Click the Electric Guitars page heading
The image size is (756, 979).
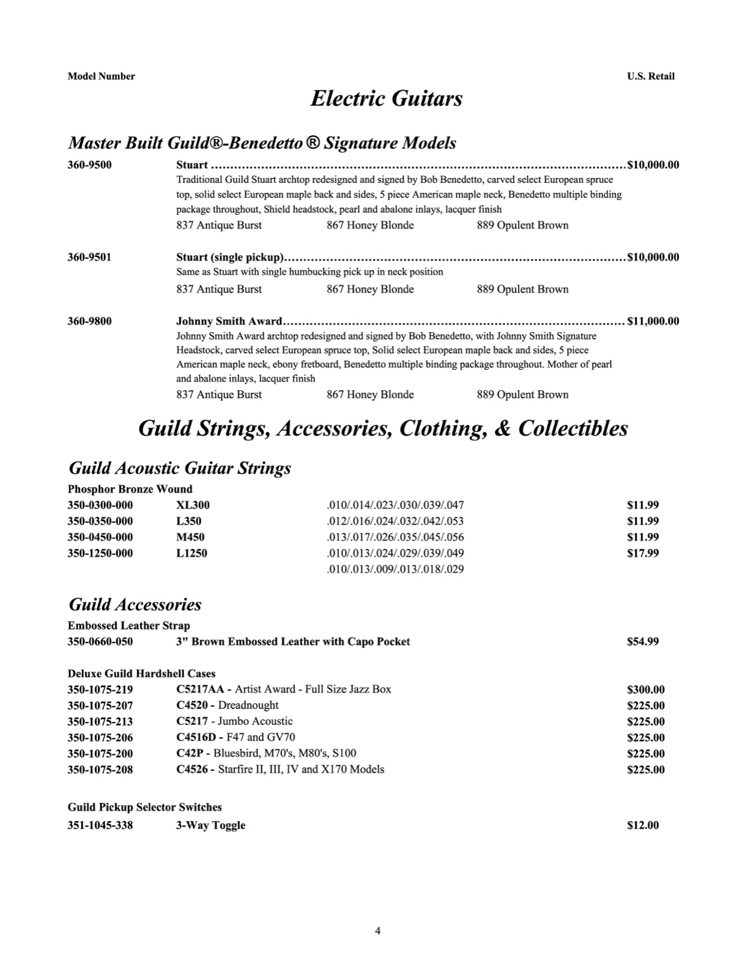click(x=386, y=99)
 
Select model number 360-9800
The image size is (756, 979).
click(x=89, y=321)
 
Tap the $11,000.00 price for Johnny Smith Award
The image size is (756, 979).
click(x=653, y=321)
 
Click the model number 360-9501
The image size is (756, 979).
click(x=89, y=257)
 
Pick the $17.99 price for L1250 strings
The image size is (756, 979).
click(x=643, y=553)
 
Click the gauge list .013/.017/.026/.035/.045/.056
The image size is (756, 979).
click(x=395, y=537)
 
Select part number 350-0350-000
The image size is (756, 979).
click(x=100, y=521)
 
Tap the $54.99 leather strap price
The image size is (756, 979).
click(x=643, y=642)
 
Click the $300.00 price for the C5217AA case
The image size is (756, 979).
click(x=646, y=690)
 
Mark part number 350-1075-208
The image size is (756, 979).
click(x=100, y=770)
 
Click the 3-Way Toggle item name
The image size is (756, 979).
click(x=210, y=825)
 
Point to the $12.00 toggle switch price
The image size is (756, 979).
click(x=643, y=825)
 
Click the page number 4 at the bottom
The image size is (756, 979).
click(x=377, y=931)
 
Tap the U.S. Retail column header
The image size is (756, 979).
click(x=651, y=76)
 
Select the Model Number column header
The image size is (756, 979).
click(x=101, y=76)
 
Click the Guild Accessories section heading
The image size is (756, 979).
click(x=135, y=605)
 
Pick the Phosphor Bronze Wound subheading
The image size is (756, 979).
click(x=130, y=489)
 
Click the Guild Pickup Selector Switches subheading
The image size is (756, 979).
click(x=144, y=807)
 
